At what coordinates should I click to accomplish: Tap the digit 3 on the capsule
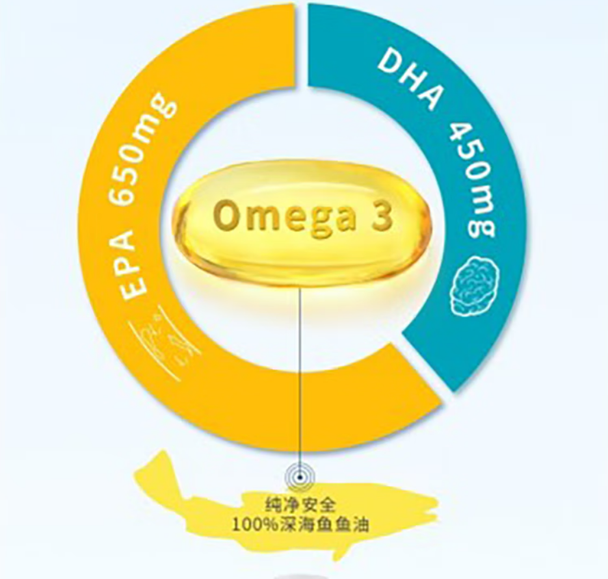click(380, 216)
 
